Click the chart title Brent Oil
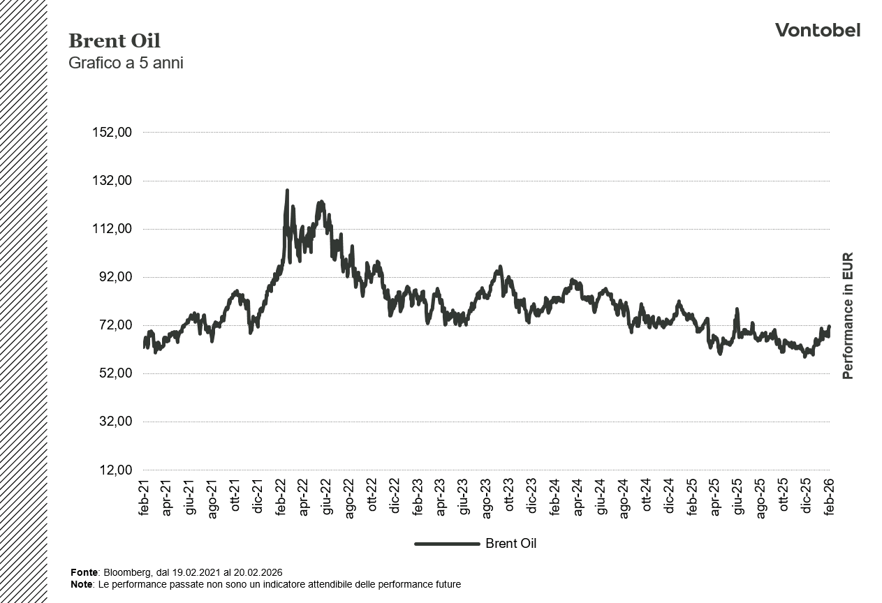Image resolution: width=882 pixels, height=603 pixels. [115, 41]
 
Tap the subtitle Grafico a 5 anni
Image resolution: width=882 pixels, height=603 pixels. [126, 63]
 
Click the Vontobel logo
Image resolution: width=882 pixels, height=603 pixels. [817, 30]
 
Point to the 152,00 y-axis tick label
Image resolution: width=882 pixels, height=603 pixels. [112, 133]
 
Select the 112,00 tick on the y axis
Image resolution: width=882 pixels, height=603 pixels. [112, 229]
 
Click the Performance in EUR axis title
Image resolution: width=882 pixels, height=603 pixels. [848, 315]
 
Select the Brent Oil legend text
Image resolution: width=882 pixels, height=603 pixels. [510, 544]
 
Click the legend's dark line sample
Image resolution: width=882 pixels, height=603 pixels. [447, 544]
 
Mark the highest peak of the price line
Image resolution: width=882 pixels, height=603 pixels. [287, 191]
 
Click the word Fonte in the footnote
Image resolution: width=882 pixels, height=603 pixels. [84, 572]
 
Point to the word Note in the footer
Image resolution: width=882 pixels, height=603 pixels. [82, 584]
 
